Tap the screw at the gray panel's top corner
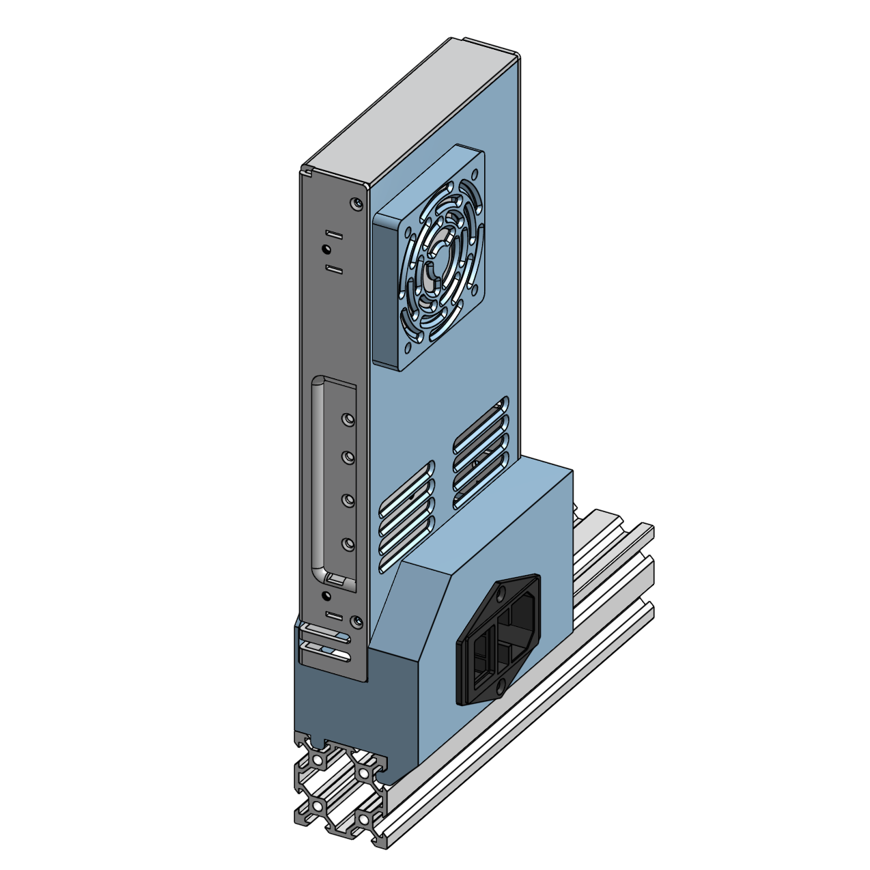[355, 203]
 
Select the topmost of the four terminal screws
[348, 418]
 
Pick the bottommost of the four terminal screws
[348, 544]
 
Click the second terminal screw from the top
[348, 456]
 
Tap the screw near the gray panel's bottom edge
[355, 621]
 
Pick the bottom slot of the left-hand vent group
[407, 554]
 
